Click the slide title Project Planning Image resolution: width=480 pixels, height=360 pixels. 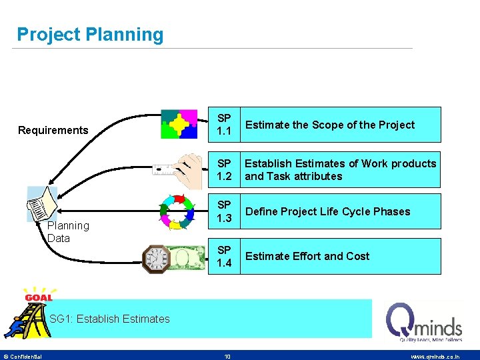tap(90, 35)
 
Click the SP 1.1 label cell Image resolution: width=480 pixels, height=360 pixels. tap(225, 125)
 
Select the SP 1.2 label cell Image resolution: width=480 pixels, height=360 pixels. tap(225, 169)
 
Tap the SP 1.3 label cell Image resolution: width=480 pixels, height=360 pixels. tap(225, 211)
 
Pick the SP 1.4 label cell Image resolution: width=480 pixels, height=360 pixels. tap(225, 256)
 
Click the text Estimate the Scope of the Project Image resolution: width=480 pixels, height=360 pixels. tap(329, 125)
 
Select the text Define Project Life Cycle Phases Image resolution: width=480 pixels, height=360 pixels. tap(327, 211)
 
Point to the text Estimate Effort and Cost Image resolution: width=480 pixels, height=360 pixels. tap(307, 256)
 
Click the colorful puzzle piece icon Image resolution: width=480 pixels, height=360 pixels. tap(179, 124)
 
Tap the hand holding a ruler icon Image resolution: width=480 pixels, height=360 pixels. tap(179, 167)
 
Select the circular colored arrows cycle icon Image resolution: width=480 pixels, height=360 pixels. tap(178, 211)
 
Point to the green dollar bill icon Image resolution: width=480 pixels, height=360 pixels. tap(187, 257)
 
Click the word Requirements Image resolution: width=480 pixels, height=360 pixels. tap(53, 130)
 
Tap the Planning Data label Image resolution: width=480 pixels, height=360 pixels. tap(68, 232)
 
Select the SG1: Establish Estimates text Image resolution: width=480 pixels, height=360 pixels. tap(109, 319)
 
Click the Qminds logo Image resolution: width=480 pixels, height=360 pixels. tap(424, 321)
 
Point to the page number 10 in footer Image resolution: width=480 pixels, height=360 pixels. tap(227, 357)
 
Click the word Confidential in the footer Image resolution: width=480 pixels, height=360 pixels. tap(27, 357)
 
